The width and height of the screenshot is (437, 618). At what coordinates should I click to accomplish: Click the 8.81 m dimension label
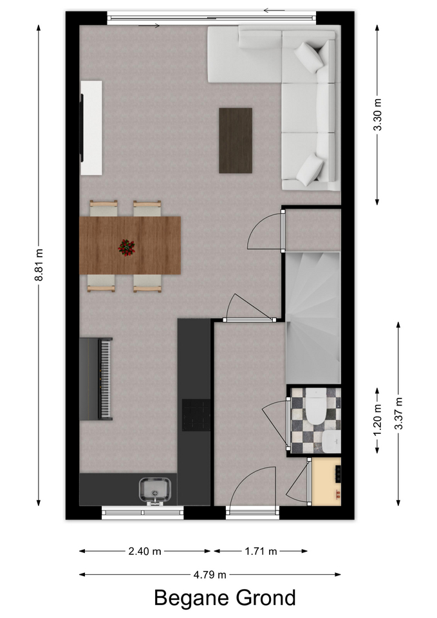[39, 265]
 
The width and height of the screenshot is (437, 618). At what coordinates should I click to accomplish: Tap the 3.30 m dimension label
[378, 115]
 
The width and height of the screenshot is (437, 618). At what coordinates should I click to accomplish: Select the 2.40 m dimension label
[145, 551]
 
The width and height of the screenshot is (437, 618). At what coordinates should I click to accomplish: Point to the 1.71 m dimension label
[261, 551]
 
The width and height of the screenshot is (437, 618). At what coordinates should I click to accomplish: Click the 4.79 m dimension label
[210, 575]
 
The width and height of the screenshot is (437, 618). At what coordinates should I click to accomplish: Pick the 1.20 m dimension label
[378, 420]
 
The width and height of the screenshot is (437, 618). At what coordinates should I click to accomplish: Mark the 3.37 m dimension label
[399, 413]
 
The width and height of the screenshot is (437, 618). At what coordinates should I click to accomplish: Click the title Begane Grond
[225, 598]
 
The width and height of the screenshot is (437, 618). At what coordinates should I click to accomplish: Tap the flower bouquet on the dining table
[127, 247]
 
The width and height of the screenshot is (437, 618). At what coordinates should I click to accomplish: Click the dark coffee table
[236, 140]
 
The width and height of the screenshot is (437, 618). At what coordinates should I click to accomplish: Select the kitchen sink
[155, 491]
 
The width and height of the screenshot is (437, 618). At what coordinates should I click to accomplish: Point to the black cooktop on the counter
[196, 415]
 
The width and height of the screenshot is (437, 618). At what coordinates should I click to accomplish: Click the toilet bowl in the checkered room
[317, 406]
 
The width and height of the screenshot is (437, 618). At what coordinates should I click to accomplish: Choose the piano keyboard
[105, 379]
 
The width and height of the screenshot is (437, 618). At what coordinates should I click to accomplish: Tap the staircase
[313, 317]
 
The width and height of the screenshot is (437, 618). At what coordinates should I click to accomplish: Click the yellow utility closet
[327, 482]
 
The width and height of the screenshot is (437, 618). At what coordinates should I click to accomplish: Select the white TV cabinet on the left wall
[91, 127]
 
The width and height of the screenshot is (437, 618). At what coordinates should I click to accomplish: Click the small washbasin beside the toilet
[330, 442]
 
